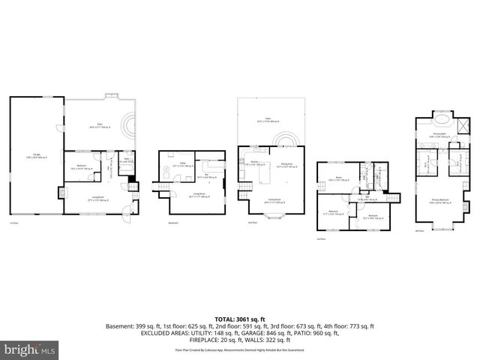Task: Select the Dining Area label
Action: pos(286,165)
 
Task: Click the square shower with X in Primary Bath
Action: pos(463,124)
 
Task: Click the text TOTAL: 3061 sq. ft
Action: pos(240,319)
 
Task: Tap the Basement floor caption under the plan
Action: pos(173,223)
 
